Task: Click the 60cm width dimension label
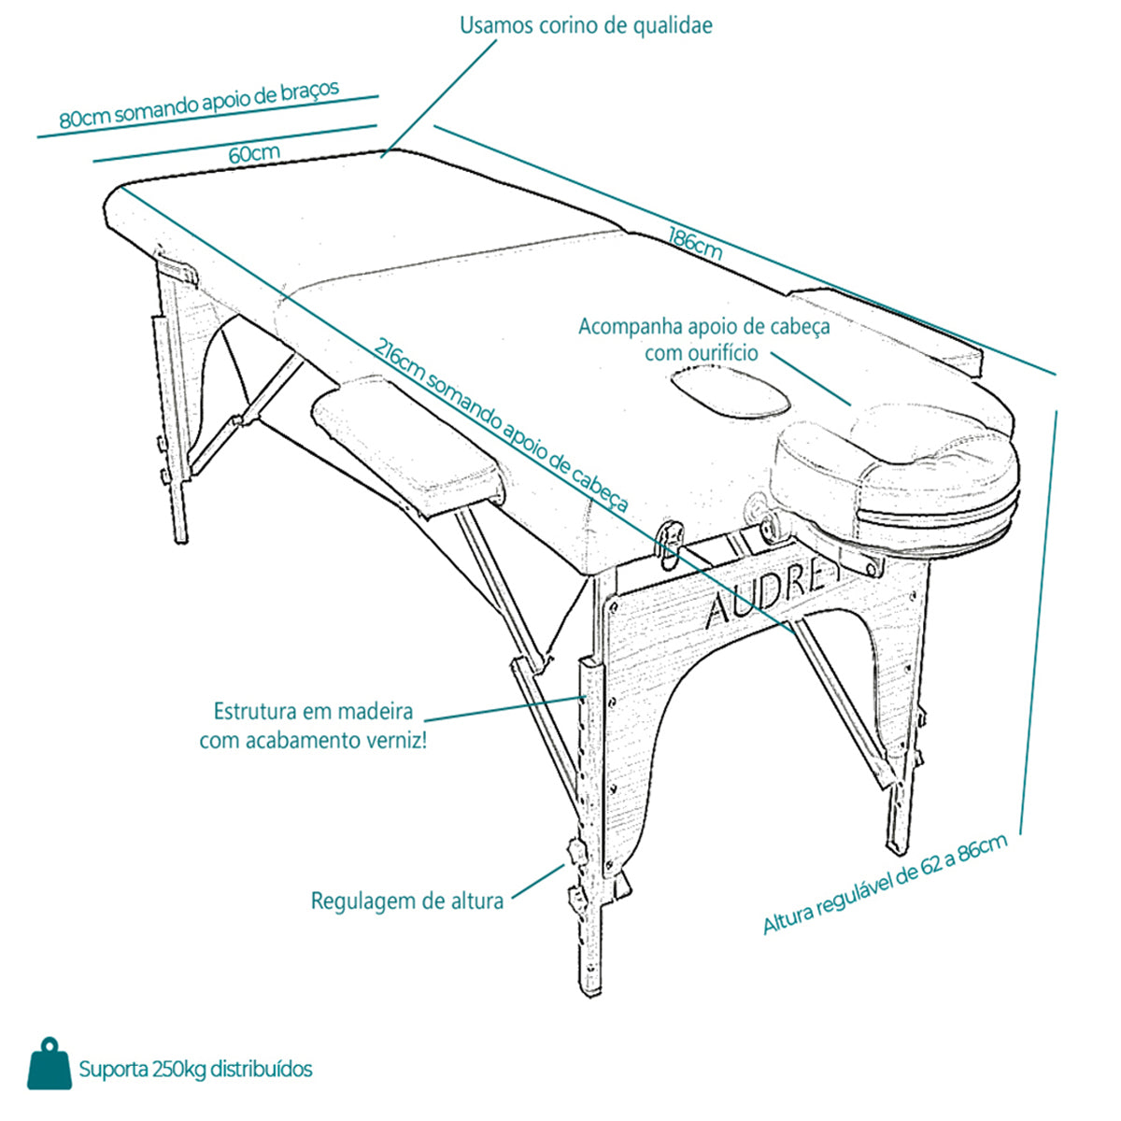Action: point(254,153)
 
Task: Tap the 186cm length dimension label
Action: point(695,244)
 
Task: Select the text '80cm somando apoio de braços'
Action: point(199,104)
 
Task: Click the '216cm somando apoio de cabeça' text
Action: point(501,426)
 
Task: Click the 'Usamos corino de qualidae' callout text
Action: point(586,26)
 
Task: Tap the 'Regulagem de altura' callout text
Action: point(407,901)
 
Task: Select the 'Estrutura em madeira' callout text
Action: point(313,711)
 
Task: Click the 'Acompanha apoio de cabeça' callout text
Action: point(704,327)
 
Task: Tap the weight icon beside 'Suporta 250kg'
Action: point(50,1063)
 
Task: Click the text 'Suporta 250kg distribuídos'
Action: point(195,1070)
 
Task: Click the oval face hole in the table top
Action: point(731,389)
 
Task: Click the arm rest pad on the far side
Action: point(888,330)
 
